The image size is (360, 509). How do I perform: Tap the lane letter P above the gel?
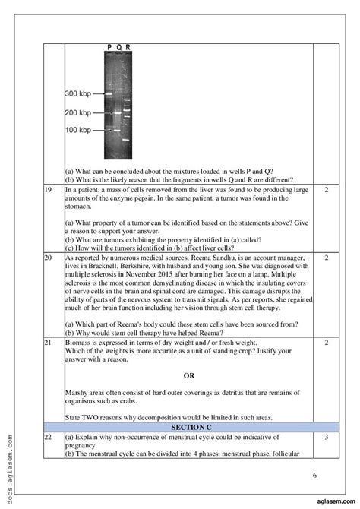109,47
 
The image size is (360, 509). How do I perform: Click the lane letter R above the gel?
128,47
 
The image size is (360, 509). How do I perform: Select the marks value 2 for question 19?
325,190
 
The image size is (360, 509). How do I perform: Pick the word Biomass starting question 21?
77,343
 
